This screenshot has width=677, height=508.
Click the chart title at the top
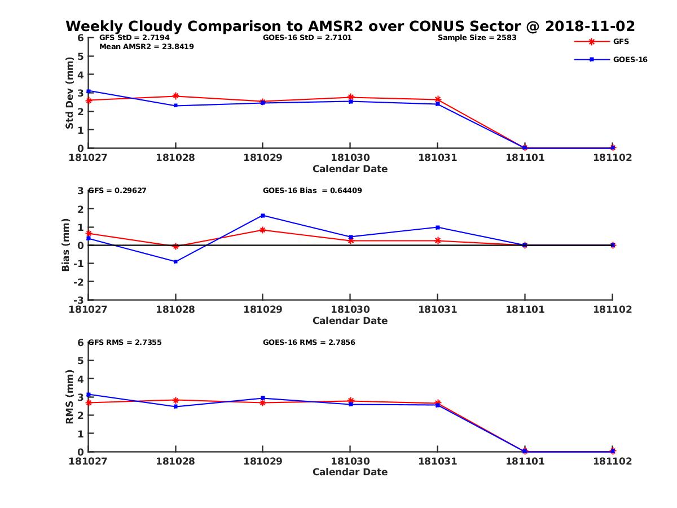(350, 26)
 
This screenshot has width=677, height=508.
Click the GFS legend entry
(621, 42)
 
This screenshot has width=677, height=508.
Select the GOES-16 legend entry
(630, 59)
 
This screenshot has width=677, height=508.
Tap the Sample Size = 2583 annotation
(477, 38)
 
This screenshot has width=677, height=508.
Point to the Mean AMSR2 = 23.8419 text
(147, 47)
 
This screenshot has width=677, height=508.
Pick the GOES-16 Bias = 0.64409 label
(313, 191)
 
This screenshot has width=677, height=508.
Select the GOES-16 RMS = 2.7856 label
(309, 342)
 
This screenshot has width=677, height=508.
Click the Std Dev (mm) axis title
(69, 93)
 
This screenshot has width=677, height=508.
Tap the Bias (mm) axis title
(66, 245)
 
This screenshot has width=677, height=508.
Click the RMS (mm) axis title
(69, 397)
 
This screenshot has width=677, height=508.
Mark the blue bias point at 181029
(263, 216)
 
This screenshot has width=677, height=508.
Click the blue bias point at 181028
(175, 261)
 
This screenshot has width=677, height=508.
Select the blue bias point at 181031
(438, 227)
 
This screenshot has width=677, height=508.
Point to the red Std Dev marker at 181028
(175, 96)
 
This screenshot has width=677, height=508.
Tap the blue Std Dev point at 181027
(89, 91)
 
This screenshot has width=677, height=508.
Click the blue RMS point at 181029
(263, 398)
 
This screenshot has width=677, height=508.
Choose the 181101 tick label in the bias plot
(525, 309)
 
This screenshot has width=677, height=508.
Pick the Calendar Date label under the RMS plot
(350, 472)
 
